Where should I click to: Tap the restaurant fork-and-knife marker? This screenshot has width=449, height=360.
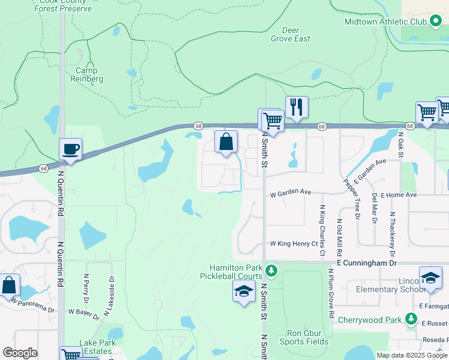pos(297,107)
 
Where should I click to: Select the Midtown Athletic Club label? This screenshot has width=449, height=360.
pos(385,22)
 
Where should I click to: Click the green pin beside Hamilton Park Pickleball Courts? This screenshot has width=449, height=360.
pos(271,272)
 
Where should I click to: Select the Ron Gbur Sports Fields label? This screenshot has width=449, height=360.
pos(298,337)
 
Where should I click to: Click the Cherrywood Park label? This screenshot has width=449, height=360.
pos(369,320)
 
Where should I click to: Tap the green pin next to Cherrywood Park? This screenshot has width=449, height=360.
pos(411,319)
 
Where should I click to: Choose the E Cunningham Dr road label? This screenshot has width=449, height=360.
pos(367,263)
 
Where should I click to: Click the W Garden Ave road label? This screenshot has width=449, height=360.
pos(290,193)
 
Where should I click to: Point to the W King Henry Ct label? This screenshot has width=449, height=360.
pos(294,244)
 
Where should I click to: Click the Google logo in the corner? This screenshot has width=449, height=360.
pos(20,352)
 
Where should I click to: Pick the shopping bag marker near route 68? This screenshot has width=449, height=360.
pos(226,143)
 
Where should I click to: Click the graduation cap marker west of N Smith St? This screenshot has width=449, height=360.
pos(243,292)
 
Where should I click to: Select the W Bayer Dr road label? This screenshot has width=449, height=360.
pos(83,312)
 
